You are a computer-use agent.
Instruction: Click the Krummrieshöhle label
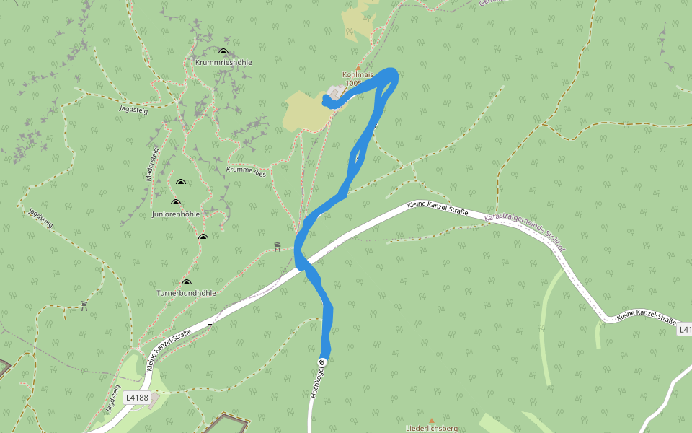pos(223,63)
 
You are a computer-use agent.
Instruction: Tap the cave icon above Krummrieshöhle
pos(223,52)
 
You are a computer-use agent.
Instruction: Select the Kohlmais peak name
pos(358,75)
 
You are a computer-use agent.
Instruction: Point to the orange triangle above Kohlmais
pos(358,67)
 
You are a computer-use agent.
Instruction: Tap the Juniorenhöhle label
pos(176,214)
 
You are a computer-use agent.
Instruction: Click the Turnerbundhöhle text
pos(186,293)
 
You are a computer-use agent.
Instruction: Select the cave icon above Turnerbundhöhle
pos(187,283)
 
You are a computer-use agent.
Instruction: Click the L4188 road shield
pos(136,397)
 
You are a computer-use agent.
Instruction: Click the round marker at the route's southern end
pos(322,362)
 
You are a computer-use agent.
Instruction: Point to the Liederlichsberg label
pos(432,428)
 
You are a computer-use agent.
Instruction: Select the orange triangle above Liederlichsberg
pos(432,420)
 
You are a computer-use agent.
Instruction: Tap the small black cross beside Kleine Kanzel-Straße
pos(210,325)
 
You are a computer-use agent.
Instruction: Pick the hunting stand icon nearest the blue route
pos(278,247)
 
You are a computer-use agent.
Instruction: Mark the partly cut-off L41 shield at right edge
pos(685,329)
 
